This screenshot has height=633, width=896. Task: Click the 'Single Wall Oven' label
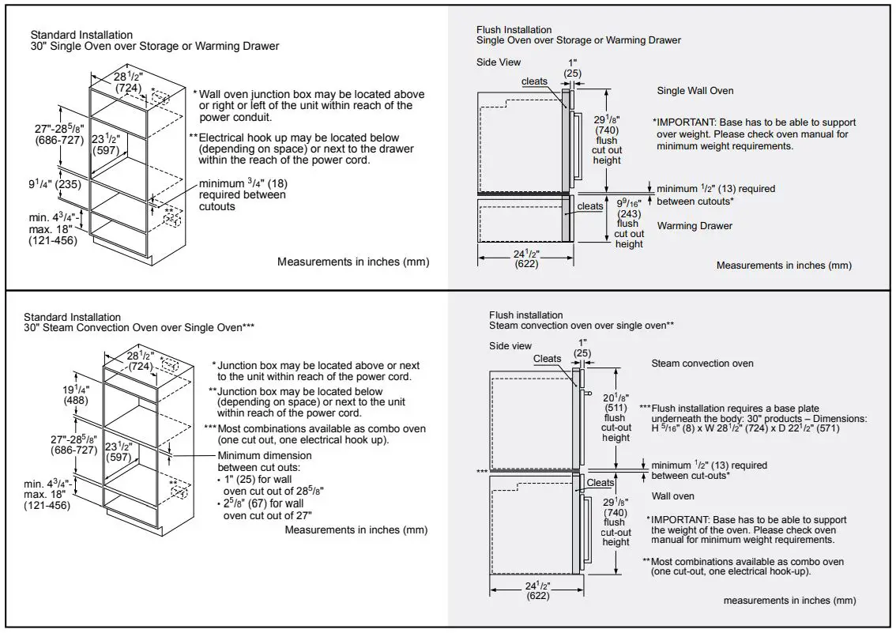[695, 91]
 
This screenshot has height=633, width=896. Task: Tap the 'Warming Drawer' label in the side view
[695, 226]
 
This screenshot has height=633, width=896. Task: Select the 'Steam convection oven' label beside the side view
[702, 364]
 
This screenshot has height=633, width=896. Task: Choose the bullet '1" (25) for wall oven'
[269, 484]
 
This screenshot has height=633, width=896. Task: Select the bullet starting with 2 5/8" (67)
[269, 510]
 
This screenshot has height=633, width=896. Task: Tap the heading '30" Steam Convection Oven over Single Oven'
[139, 327]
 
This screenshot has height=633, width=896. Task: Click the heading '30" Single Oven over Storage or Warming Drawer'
[155, 46]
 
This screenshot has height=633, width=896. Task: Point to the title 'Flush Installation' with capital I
[514, 30]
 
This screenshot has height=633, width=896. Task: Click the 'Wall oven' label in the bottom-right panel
[672, 496]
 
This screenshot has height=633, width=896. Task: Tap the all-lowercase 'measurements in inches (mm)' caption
[789, 601]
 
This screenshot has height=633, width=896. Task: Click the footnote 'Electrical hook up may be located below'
[299, 138]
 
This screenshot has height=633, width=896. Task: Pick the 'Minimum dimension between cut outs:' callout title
[264, 461]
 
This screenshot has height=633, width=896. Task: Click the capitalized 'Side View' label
[499, 62]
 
